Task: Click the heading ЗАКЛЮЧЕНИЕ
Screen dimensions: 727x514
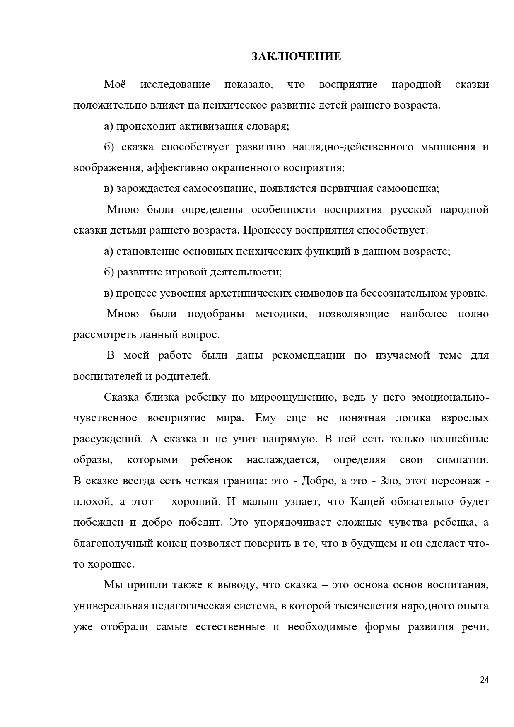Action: (296, 57)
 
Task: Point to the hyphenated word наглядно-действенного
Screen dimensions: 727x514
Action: (353, 147)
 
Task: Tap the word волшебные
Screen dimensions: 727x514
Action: (460, 439)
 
